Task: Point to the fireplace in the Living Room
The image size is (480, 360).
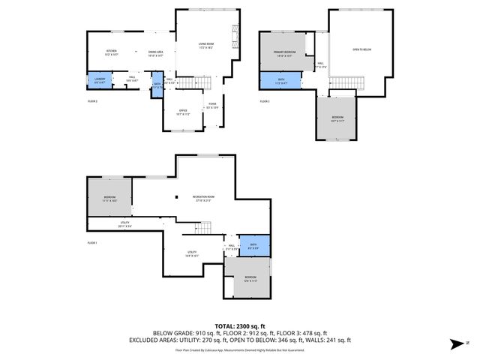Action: coord(237,37)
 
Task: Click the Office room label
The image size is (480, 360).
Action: coord(183,112)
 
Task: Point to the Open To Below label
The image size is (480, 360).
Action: coord(361,50)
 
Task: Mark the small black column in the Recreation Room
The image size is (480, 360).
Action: coord(175,197)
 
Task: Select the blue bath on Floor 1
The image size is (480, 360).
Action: coord(253,244)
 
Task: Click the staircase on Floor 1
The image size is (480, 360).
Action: coord(205,228)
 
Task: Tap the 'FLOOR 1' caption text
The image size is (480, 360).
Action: coord(92,243)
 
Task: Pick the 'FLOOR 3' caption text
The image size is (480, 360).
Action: coord(264,101)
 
